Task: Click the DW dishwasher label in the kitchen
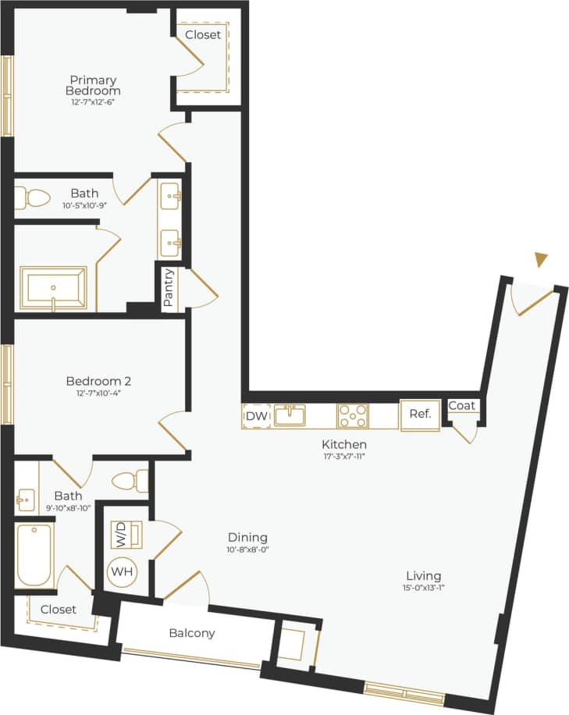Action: point(257,416)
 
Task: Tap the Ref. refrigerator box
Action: point(420,414)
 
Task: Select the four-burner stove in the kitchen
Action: point(353,415)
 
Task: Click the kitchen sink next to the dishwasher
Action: point(290,415)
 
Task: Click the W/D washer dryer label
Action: point(122,535)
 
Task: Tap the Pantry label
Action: point(169,290)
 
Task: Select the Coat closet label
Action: point(462,406)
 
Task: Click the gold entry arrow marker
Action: point(542,259)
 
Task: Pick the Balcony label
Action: point(192,633)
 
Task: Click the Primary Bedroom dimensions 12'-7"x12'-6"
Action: point(94,101)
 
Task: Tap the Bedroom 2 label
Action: point(98,381)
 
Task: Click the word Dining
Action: point(247,537)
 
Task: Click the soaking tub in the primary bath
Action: point(54,287)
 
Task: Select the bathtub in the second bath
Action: point(34,554)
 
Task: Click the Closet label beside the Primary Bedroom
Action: point(203,34)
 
